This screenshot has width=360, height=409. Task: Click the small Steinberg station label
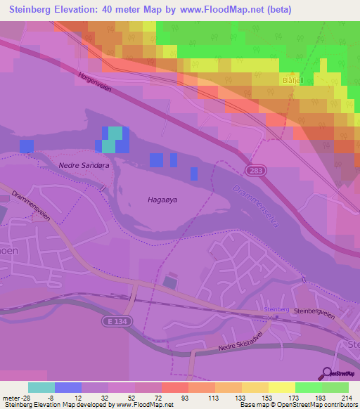pos(276,309)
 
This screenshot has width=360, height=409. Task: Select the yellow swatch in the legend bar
pos(281,387)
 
